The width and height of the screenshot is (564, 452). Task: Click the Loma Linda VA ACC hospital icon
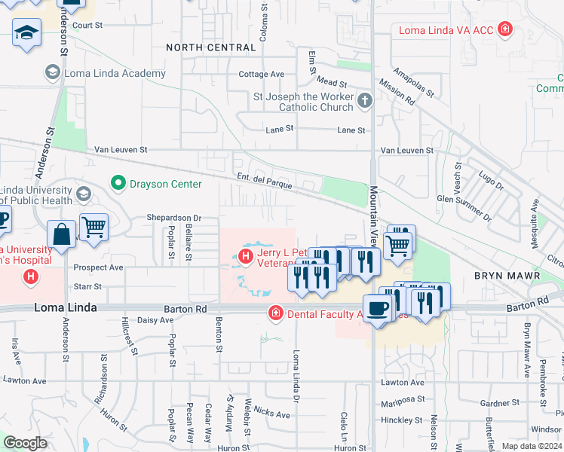[505, 31]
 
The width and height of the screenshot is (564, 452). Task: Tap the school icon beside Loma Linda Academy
[53, 73]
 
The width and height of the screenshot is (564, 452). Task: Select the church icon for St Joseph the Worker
[365, 101]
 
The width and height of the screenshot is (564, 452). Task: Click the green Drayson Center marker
[117, 183]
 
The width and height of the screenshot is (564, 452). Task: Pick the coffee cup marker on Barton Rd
[377, 308]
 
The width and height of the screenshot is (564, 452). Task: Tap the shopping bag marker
[61, 234]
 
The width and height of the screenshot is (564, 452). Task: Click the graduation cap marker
[27, 32]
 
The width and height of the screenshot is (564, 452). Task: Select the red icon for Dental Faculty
[276, 313]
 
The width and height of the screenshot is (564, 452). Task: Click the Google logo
[24, 443]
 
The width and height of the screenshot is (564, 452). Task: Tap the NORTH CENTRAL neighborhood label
[211, 47]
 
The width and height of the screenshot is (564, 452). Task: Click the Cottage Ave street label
[261, 75]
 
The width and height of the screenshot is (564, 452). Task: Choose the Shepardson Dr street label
[175, 218]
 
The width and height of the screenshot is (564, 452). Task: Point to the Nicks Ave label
[271, 414]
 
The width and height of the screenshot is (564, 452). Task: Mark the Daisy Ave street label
[157, 320]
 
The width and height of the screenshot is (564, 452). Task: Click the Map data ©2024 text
[532, 446]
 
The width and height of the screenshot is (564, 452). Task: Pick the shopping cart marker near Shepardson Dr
[93, 226]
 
